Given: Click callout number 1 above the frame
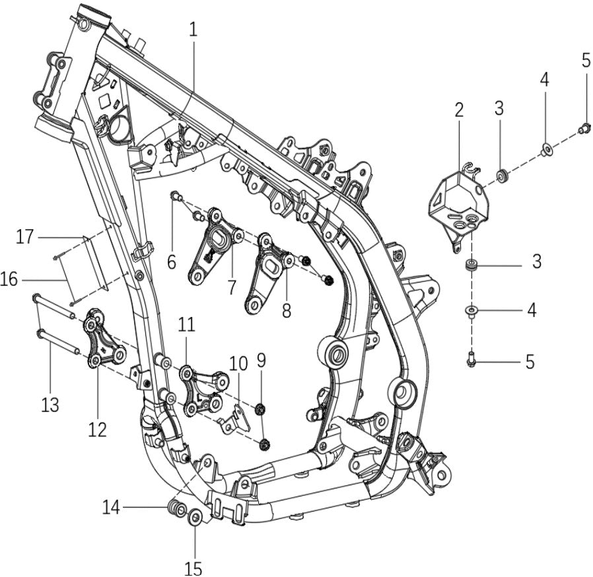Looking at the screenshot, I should tap(193, 29).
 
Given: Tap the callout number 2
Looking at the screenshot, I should tap(459, 110).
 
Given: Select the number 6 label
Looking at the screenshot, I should tap(172, 263).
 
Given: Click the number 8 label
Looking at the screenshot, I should tap(286, 310).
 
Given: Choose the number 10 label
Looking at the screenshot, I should tap(238, 363).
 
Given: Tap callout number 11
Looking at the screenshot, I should tap(187, 324).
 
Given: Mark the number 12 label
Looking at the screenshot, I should tap(97, 429).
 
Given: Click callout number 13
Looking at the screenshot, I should tap(50, 404).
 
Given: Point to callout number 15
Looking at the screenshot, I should tap(194, 567).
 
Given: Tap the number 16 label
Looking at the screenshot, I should tap(9, 280).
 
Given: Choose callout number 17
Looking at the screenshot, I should tap(25, 236).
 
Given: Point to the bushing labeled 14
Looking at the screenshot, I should tap(175, 509).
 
